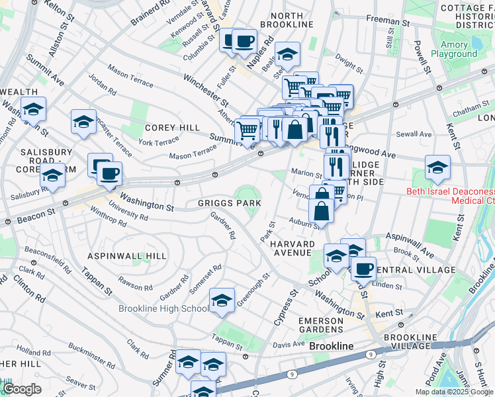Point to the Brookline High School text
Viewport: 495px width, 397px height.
pos(163,308)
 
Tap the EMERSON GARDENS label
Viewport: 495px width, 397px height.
pos(321,326)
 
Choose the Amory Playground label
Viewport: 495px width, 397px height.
pos(454,50)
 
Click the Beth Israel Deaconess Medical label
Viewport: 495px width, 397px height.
pos(450,195)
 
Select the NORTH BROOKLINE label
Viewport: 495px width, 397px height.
pos(287,20)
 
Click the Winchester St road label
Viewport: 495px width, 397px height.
pos(205,93)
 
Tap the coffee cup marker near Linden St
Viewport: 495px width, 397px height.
pos(363,269)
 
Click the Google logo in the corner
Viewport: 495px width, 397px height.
pos(22,389)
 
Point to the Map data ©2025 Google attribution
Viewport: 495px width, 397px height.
pos(454,392)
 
